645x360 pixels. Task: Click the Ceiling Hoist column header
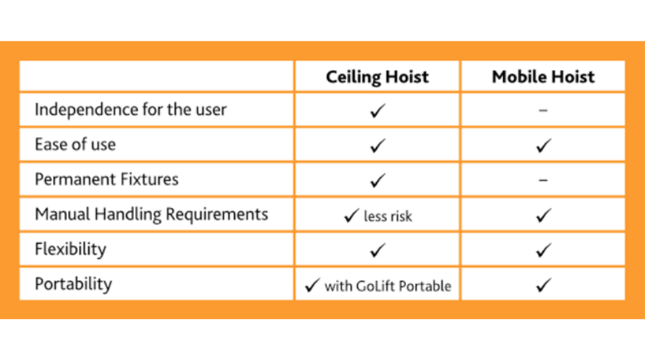[377, 77]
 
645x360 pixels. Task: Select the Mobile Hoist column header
[543, 77]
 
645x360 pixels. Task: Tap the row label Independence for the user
[130, 110]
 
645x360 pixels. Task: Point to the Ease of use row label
[75, 145]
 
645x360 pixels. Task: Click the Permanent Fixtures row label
[107, 179]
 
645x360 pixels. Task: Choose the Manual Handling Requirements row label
[151, 215]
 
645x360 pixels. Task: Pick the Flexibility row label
[71, 249]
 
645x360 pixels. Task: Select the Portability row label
[73, 285]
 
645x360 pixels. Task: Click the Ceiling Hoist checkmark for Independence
[377, 111]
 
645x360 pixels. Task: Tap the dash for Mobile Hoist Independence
[543, 110]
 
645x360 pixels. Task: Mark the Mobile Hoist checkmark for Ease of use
[543, 145]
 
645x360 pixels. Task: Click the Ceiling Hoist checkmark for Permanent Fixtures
[377, 180]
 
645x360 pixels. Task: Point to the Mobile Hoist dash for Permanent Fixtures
[543, 180]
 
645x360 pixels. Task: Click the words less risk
[388, 217]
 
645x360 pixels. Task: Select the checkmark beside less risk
[352, 215]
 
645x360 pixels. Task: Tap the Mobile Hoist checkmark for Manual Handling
[543, 215]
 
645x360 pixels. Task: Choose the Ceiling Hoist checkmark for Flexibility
[377, 250]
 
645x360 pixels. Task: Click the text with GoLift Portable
[388, 286]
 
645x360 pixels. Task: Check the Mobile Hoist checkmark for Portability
[543, 285]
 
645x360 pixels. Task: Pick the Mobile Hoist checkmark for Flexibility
[543, 250]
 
